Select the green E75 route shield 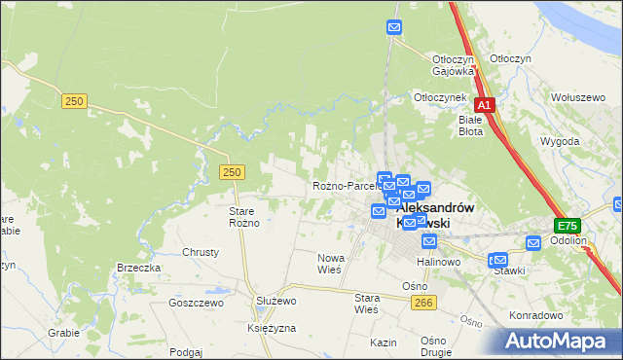568,225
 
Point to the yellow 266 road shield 421,304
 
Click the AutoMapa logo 558,341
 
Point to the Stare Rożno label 243,217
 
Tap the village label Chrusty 201,252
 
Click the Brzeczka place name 138,268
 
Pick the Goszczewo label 196,303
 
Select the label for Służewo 275,302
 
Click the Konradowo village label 536,315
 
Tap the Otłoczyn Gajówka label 453,64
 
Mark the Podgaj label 185,352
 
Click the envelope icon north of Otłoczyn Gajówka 394,27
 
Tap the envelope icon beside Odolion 533,242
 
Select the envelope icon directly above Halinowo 429,240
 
